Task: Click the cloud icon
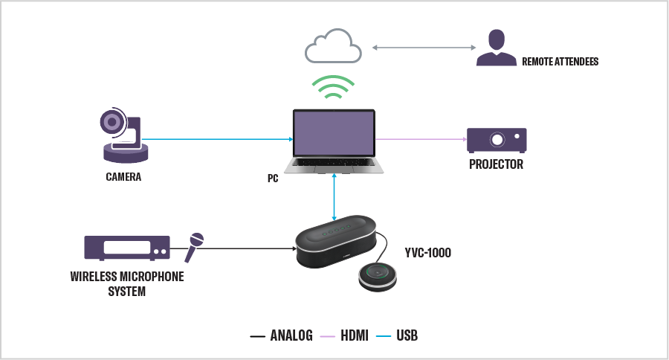(x=333, y=47)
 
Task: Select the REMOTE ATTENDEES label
(x=560, y=62)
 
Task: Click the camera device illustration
(x=123, y=136)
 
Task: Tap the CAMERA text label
(x=123, y=177)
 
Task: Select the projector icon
(x=496, y=140)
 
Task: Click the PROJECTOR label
(x=496, y=164)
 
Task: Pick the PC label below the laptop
(x=273, y=179)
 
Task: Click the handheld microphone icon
(x=193, y=247)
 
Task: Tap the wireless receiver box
(x=126, y=248)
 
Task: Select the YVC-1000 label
(x=428, y=253)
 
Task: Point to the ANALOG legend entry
(x=282, y=336)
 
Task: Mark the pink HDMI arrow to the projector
(x=420, y=139)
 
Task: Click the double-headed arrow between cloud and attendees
(x=424, y=48)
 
